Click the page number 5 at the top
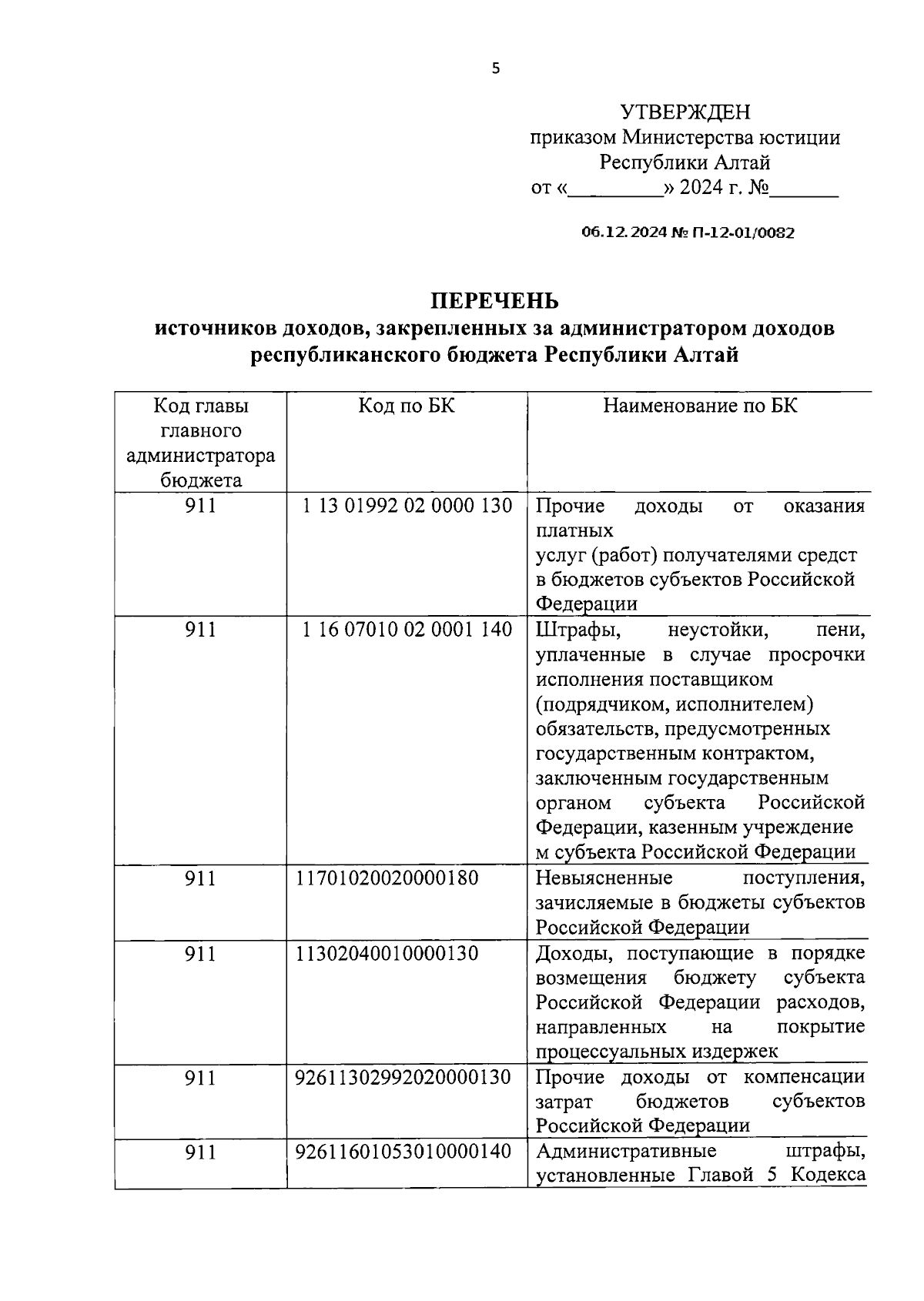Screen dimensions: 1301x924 coord(495,69)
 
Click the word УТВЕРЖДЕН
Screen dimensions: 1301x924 coord(685,112)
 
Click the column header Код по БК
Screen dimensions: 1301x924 coord(407,405)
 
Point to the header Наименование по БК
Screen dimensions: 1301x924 coord(699,405)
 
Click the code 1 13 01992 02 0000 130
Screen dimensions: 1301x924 coord(407,506)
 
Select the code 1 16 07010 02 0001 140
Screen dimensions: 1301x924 coord(407,630)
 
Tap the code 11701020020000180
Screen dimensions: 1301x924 coord(387,878)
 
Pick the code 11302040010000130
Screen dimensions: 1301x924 coord(387,953)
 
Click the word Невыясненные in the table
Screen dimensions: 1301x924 coord(604,878)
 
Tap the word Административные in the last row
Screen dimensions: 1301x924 coord(626,1152)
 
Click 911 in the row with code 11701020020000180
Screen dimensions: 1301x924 coord(200,878)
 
